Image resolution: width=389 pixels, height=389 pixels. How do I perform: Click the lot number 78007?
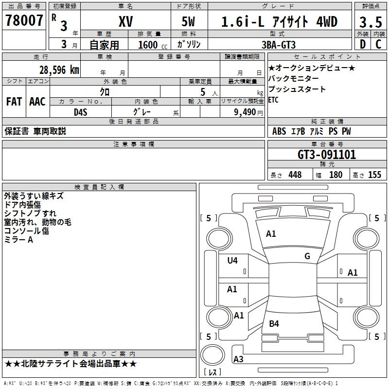pos(24,20)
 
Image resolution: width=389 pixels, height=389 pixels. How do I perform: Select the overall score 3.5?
pos(371,22)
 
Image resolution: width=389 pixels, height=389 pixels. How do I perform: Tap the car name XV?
pos(126,21)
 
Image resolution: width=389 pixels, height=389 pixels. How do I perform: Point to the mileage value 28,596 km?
pos(59,70)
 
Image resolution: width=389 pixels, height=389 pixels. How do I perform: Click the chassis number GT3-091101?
pos(327,155)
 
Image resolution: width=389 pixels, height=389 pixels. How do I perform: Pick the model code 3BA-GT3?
pos(279,45)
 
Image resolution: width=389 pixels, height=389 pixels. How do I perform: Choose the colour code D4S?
pos(81,112)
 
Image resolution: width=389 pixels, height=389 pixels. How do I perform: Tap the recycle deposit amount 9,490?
pos(245,112)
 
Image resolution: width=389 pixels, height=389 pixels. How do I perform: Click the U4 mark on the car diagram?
pos(232,261)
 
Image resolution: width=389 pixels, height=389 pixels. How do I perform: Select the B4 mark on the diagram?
pos(274,324)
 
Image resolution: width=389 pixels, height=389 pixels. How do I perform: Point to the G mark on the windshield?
pos(307,256)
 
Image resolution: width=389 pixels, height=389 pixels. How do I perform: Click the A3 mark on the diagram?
pos(238,359)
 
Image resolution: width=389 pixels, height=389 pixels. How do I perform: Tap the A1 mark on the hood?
pos(271,234)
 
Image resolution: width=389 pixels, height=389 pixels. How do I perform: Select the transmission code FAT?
pos(14,102)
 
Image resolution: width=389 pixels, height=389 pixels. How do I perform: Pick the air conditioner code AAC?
pos(37,102)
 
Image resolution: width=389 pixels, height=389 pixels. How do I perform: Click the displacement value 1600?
pos(148,45)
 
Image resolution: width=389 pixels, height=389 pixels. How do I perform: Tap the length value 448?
pos(295,175)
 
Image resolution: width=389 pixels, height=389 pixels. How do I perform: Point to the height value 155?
pos(374,175)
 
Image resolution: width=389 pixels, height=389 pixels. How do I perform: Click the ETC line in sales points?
pos(273,100)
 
